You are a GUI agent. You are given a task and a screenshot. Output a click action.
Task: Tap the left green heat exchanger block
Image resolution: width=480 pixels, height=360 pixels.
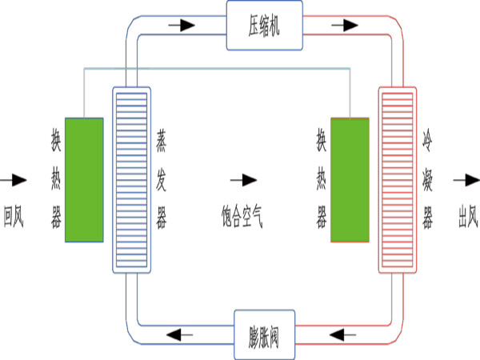click(84, 178)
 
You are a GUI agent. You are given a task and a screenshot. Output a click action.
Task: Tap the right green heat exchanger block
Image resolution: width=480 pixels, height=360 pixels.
click(350, 180)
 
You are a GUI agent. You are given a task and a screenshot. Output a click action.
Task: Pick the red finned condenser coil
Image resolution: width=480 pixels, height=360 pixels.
click(398, 178)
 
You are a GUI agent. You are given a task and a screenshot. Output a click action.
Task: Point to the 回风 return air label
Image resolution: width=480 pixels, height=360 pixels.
click(14, 215)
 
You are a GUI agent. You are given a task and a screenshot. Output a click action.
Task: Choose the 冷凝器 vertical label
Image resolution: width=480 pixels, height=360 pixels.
click(428, 179)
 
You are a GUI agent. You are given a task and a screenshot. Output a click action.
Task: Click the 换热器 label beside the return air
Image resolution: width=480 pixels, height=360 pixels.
click(56, 179)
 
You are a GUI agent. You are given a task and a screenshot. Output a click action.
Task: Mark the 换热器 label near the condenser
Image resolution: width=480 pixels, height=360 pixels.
click(322, 179)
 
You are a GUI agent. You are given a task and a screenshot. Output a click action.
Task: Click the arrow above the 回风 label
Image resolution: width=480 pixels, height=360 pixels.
click(14, 179)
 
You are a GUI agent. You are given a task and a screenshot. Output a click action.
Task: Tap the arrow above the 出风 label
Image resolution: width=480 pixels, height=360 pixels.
click(465, 179)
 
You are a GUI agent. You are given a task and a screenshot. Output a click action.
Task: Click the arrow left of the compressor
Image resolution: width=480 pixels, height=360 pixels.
click(182, 25)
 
